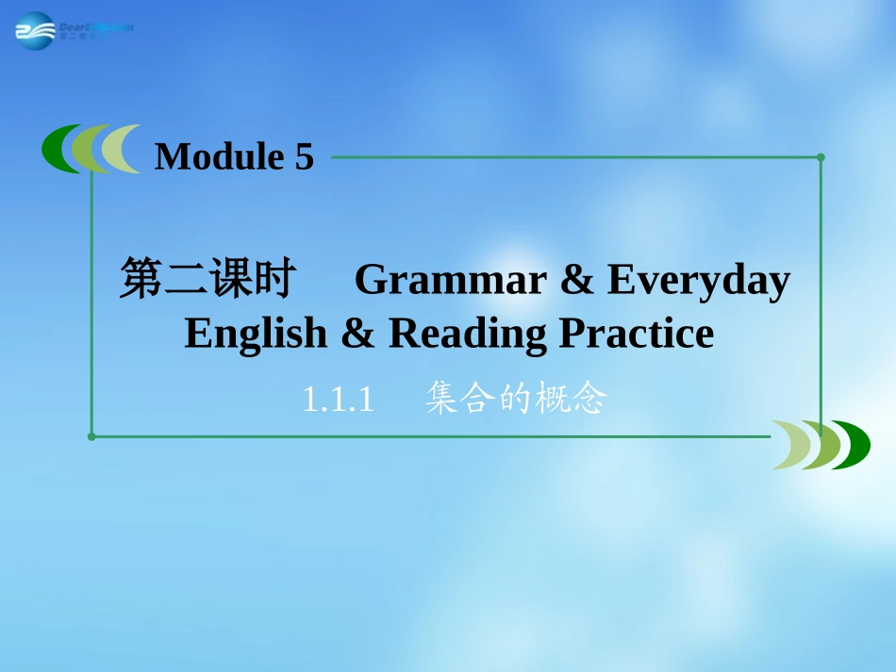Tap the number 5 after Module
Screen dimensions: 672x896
304,156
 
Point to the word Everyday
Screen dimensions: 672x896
698,281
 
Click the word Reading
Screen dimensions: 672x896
467,333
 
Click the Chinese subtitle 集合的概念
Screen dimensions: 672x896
514,400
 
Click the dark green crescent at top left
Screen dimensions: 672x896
58,149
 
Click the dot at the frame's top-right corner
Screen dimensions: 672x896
821,157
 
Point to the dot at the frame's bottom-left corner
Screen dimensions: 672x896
91,436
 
